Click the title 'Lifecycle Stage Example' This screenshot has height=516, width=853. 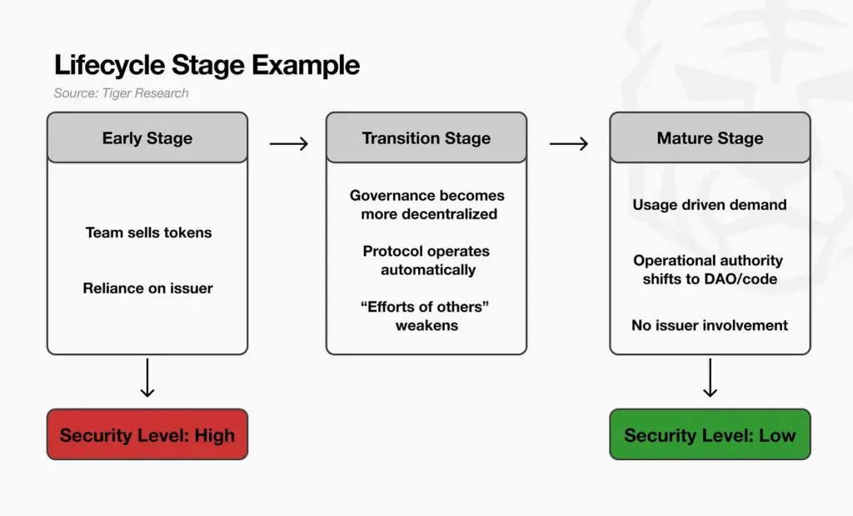click(x=207, y=65)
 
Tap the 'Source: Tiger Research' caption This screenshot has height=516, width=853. click(x=121, y=93)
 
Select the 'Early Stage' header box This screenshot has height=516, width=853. click(x=147, y=138)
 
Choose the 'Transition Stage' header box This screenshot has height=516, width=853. click(x=426, y=138)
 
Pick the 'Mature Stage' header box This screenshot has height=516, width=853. click(x=710, y=138)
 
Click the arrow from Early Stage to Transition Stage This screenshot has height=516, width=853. click(x=288, y=144)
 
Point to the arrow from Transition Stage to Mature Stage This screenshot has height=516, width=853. click(x=569, y=144)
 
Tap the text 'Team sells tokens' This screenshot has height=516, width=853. click(x=148, y=233)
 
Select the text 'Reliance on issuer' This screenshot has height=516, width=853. click(x=147, y=288)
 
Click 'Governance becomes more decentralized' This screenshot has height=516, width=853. click(x=427, y=205)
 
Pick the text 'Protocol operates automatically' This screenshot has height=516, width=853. click(x=426, y=260)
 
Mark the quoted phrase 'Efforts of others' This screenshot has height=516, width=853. click(x=425, y=307)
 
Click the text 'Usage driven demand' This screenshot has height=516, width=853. click(x=710, y=205)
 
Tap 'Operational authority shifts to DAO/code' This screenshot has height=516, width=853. click(x=709, y=269)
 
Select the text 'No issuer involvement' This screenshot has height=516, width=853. click(x=710, y=325)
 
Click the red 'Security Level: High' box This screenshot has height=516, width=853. click(x=147, y=434)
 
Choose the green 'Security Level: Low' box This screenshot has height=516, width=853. click(x=710, y=434)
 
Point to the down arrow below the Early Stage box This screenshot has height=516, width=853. click(x=147, y=378)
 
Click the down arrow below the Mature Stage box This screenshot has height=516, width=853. click(x=710, y=378)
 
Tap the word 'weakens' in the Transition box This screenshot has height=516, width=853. click(x=426, y=326)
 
